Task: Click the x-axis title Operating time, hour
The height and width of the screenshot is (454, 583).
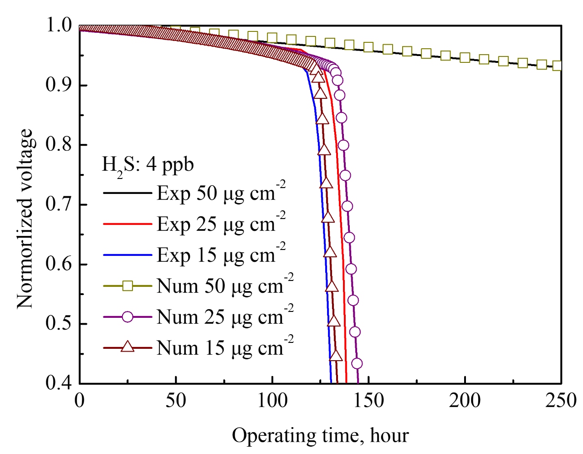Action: [320, 436]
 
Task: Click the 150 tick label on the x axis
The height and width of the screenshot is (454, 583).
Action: [368, 401]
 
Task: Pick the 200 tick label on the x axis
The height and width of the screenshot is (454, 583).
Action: [465, 401]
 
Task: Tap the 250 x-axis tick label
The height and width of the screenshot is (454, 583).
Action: [560, 401]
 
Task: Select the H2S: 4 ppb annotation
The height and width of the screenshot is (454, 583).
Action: [148, 164]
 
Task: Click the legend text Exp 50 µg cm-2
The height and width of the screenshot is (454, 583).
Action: [221, 193]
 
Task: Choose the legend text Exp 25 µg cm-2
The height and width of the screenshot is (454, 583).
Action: [221, 224]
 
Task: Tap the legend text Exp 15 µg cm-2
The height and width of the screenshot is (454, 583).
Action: [221, 255]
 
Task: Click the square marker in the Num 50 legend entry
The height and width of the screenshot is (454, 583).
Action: [128, 286]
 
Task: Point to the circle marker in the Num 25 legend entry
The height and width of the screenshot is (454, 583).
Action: [128, 317]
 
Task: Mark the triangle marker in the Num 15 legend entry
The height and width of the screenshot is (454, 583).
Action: [128, 347]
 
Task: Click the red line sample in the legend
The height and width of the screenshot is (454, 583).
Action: [128, 224]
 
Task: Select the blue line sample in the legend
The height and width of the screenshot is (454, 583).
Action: [128, 255]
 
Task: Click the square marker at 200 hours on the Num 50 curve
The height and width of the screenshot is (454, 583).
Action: [465, 58]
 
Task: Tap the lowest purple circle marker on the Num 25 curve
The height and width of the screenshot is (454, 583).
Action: [357, 363]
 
